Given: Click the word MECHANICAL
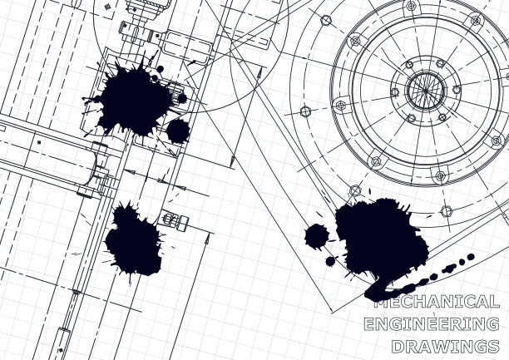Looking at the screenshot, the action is [437, 301].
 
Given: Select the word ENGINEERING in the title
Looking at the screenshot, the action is [432, 324].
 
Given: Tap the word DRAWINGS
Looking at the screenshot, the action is [446, 347].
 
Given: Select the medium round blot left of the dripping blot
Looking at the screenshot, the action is [317, 236].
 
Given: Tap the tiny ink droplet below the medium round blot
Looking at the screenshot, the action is [330, 261].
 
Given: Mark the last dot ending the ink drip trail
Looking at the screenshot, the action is [471, 257].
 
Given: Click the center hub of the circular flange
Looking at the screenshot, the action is [426, 91].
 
